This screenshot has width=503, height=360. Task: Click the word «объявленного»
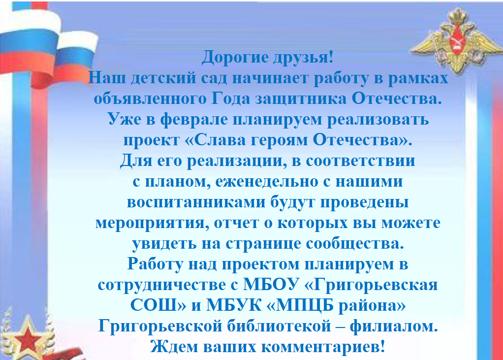click(x=150, y=99)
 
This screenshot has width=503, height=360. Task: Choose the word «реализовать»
click(x=378, y=120)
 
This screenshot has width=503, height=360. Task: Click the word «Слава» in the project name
click(x=219, y=140)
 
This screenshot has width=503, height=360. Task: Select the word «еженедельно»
click(x=267, y=182)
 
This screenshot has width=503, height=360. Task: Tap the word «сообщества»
click(x=354, y=244)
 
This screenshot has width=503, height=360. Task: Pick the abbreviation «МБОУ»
click(x=271, y=285)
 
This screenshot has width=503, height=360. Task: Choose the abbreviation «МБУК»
click(x=233, y=305)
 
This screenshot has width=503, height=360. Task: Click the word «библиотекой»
click(x=279, y=326)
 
